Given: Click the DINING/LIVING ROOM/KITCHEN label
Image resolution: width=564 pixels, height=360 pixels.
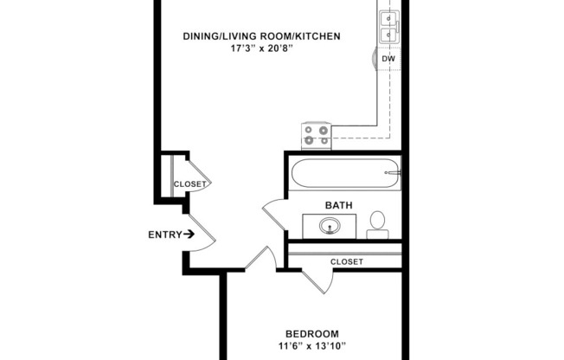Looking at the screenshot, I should pyautogui.click(x=261, y=36).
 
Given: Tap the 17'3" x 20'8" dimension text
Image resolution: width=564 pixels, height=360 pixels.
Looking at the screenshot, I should pyautogui.click(x=261, y=49).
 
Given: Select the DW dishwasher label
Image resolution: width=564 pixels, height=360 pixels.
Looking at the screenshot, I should pyautogui.click(x=388, y=59).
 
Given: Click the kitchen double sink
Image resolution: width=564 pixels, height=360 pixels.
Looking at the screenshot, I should pyautogui.click(x=388, y=26).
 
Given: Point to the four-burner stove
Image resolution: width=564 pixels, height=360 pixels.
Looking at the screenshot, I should pyautogui.click(x=316, y=135).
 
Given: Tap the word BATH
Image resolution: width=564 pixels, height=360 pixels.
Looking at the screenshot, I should pyautogui.click(x=337, y=205).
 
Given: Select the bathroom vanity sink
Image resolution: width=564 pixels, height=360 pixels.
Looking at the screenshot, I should pyautogui.click(x=330, y=227).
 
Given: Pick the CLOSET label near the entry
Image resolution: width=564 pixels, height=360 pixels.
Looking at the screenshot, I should pyautogui.click(x=190, y=184).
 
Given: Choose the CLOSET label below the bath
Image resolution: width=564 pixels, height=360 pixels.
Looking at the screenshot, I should pyautogui.click(x=347, y=261).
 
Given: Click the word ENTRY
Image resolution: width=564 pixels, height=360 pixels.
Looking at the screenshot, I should pyautogui.click(x=164, y=235).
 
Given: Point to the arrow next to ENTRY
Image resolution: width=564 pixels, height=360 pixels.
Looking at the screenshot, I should pyautogui.click(x=188, y=234).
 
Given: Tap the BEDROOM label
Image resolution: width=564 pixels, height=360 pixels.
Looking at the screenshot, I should pyautogui.click(x=312, y=333).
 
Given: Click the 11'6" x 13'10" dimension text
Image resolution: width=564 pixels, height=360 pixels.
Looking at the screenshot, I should pyautogui.click(x=312, y=346).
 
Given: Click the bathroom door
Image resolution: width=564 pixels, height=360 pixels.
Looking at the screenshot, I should pyautogui.click(x=275, y=214).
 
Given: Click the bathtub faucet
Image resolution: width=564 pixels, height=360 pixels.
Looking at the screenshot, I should pyautogui.click(x=394, y=173).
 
